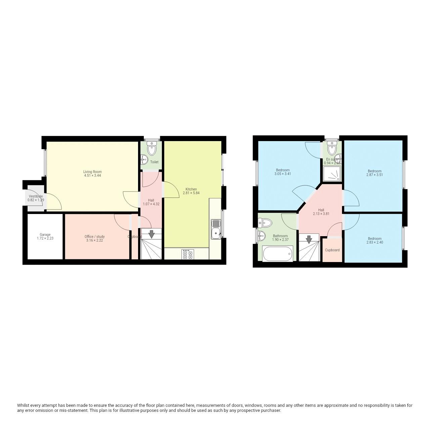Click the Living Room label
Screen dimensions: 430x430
pos(92,172)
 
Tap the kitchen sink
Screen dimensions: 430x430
pos(215,229)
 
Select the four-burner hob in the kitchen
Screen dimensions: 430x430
pos(187,254)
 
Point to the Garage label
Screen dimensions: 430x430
pos(45,235)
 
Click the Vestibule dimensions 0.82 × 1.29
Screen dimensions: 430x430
pos(36,200)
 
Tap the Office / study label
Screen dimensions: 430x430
pos(94,237)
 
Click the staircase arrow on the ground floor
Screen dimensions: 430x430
pos(152,234)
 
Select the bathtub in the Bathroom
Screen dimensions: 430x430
pos(278,253)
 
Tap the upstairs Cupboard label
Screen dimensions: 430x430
pos(332,250)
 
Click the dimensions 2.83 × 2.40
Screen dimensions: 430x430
pos(375,242)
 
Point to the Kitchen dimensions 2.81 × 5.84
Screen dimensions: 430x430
pos(190,193)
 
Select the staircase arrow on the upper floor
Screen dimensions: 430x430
pos(309,239)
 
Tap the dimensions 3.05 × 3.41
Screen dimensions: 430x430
pos(283,174)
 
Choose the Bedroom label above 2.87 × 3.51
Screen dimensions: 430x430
pos(375,171)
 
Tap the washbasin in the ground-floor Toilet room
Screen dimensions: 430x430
pos(144,158)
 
